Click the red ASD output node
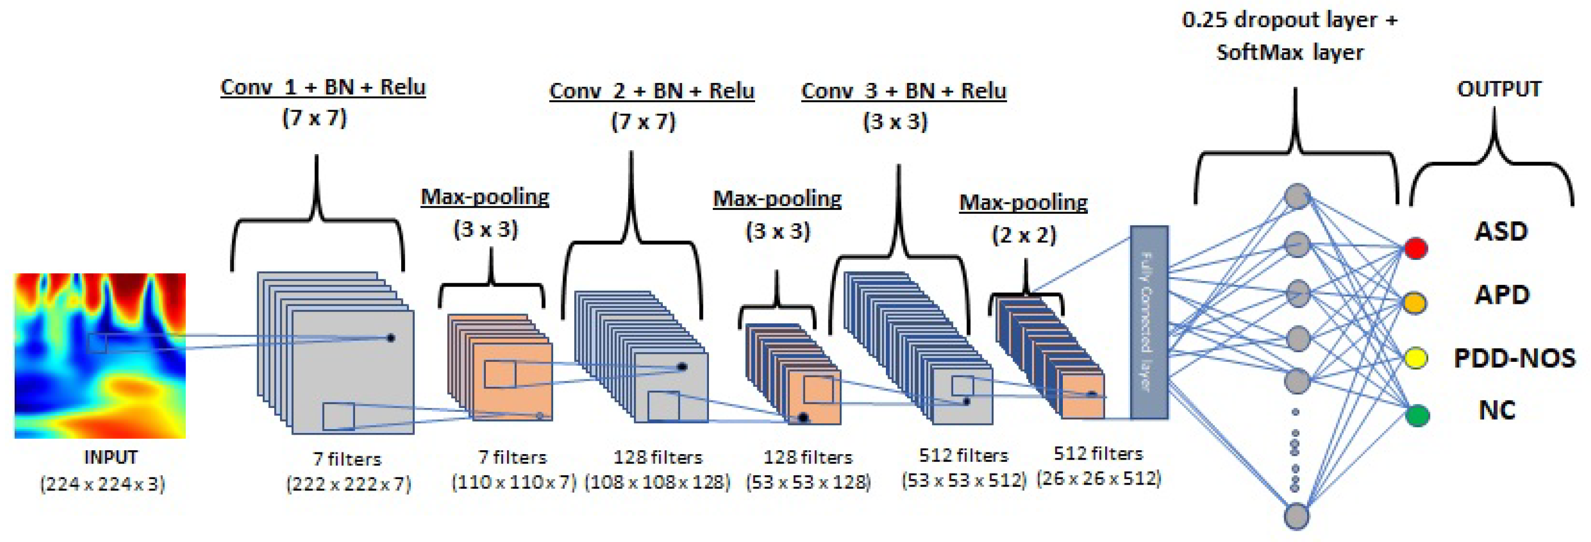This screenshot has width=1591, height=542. click(1416, 248)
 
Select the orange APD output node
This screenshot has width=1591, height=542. click(1415, 303)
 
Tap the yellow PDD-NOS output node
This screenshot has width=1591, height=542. click(1416, 358)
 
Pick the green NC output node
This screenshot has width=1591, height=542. click(1417, 415)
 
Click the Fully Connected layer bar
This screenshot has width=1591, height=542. click(1149, 322)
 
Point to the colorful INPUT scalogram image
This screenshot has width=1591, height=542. click(100, 355)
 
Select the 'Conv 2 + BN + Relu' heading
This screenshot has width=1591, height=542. click(651, 91)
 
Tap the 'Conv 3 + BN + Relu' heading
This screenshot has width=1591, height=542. click(904, 91)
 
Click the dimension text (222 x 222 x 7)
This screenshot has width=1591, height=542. click(348, 483)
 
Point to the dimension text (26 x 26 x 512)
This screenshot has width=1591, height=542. click(1098, 478)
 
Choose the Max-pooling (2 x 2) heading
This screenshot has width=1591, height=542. click(1023, 202)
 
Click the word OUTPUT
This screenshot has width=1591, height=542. click(1499, 89)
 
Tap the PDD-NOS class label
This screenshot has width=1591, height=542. click(1514, 358)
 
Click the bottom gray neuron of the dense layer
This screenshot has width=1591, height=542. click(1296, 516)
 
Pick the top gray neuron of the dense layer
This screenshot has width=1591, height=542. click(1298, 196)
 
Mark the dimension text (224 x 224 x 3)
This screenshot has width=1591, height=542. click(103, 483)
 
